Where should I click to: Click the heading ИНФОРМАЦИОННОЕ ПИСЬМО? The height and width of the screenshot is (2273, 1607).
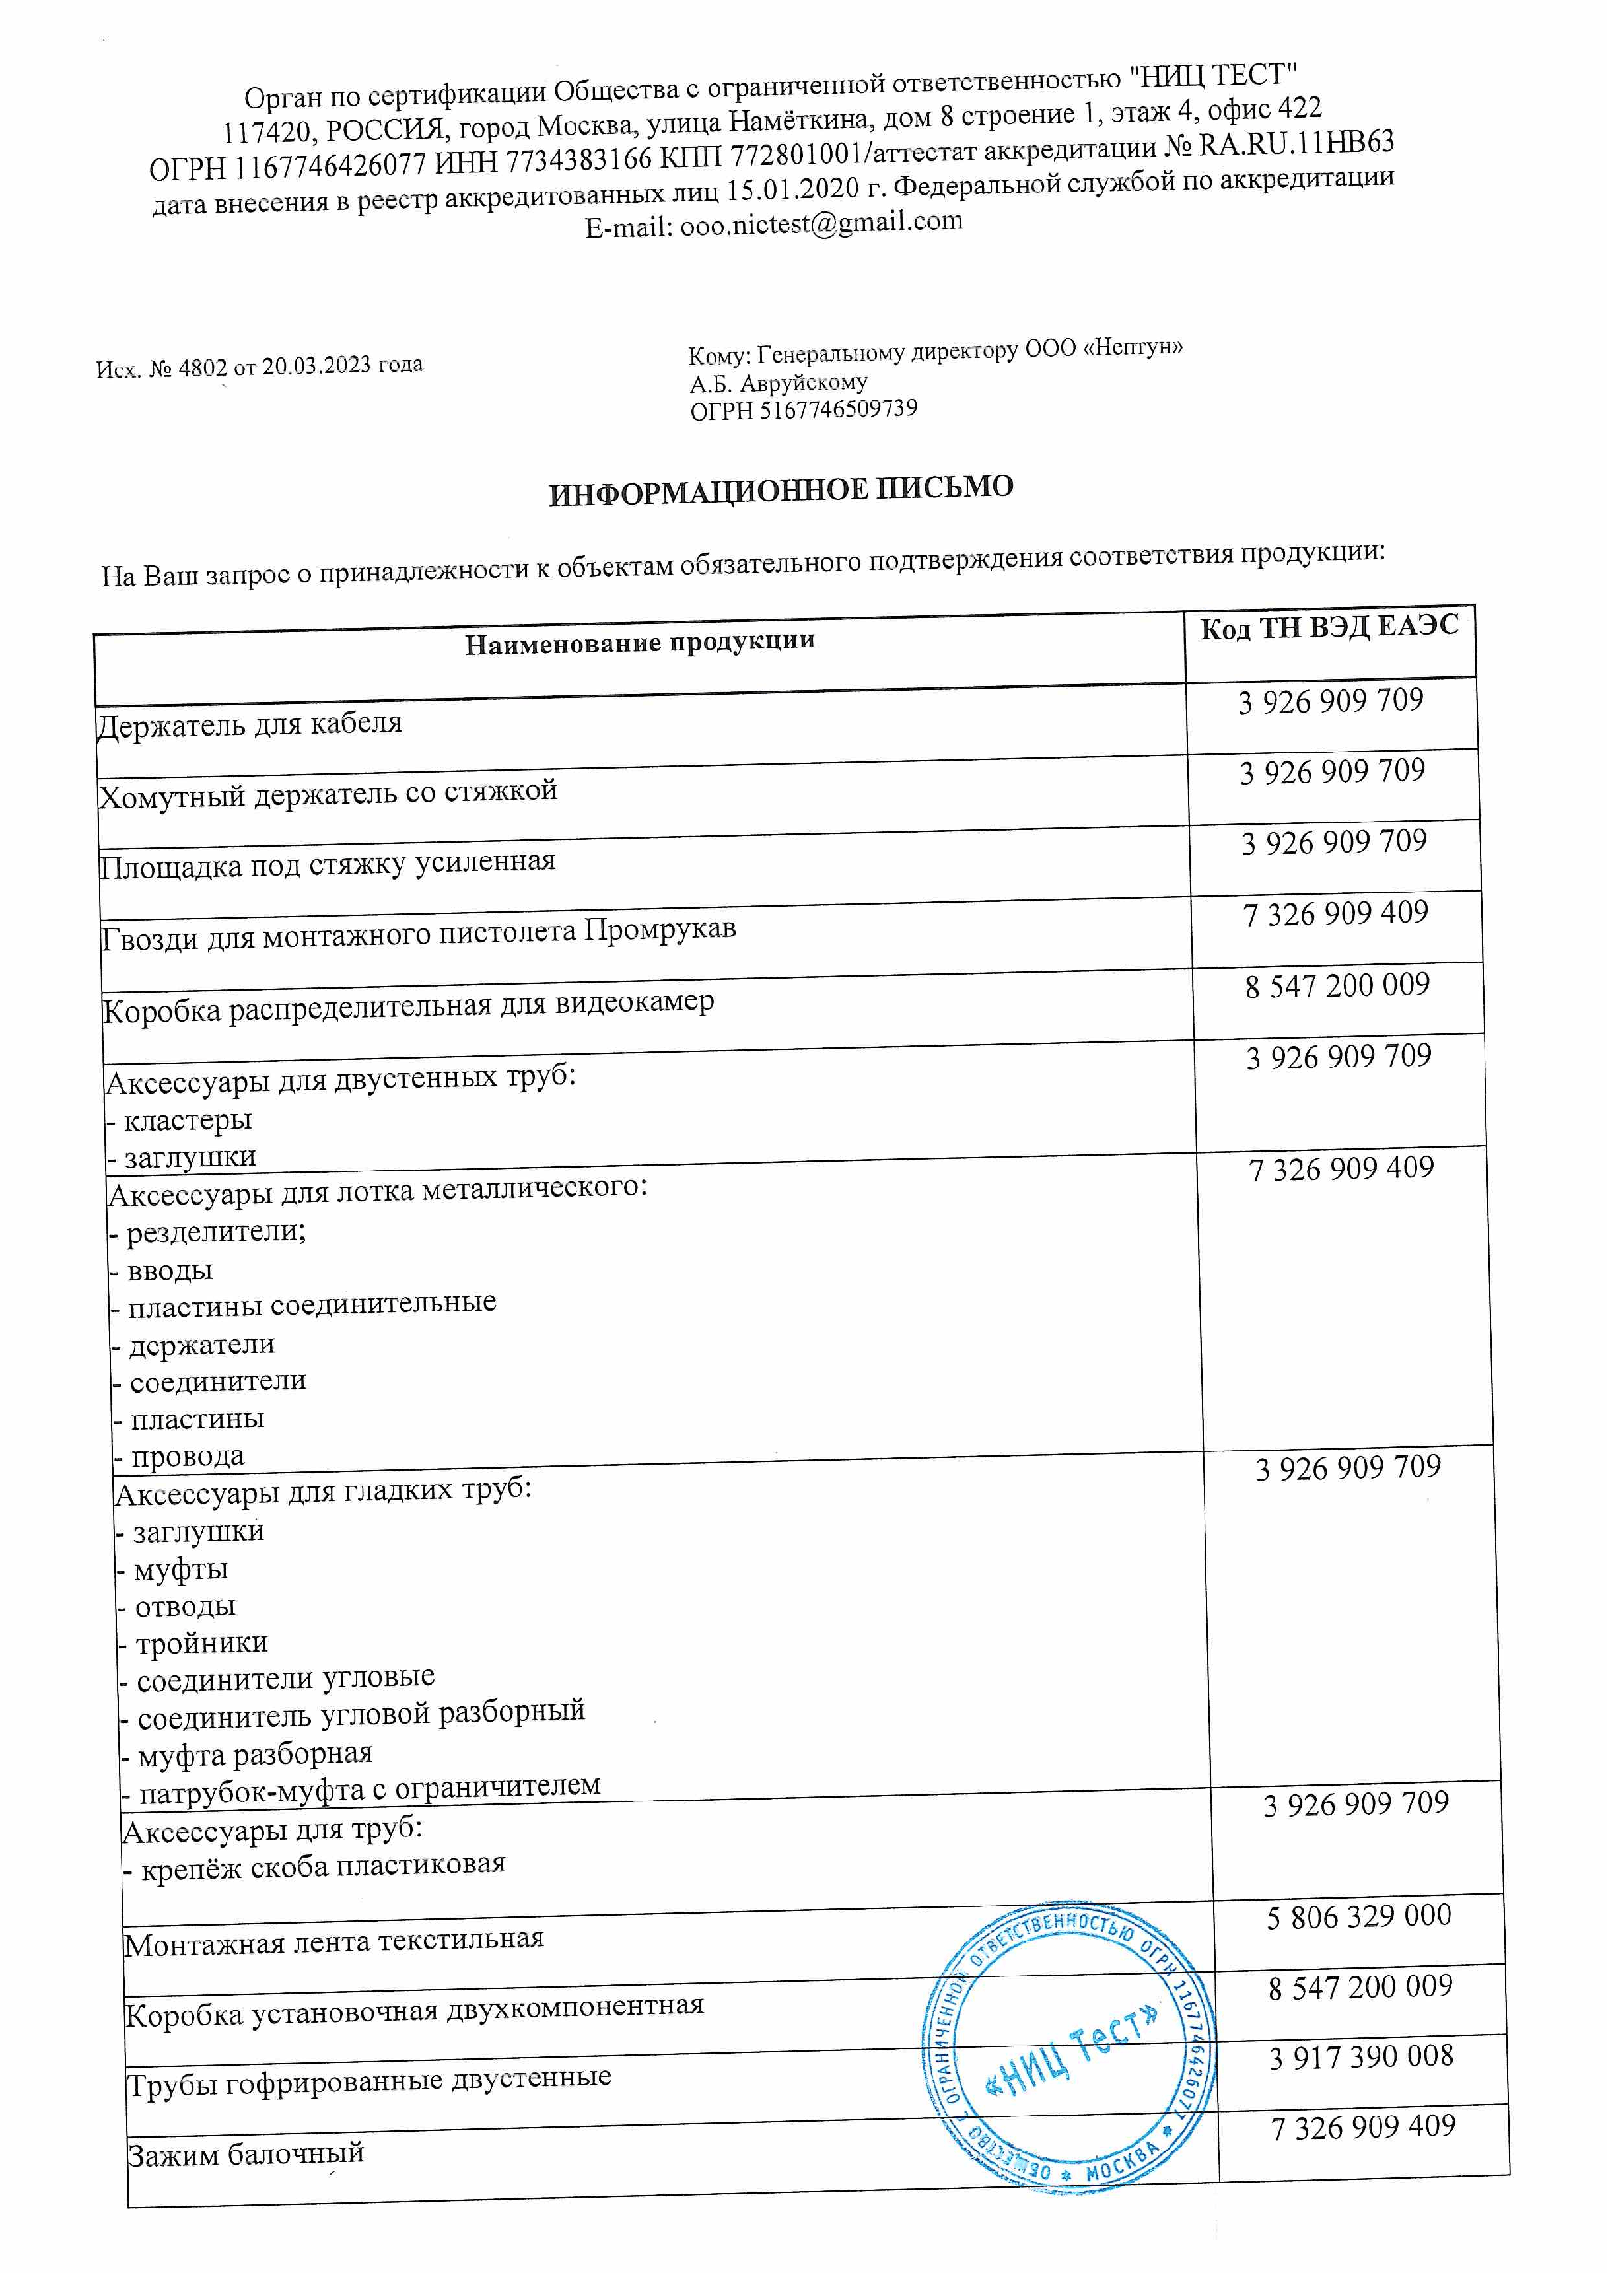782,490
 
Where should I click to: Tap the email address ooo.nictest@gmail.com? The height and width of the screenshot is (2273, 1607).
821,224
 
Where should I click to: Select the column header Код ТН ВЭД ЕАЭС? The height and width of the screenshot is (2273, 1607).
1330,628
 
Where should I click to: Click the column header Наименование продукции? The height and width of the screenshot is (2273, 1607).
640,643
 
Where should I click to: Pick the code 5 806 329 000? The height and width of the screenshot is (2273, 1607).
1358,1915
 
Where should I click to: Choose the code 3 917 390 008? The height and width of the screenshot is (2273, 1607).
1361,2057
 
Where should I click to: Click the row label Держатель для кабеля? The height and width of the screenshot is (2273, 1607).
250,724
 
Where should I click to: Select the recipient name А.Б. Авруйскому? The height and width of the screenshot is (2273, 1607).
779,382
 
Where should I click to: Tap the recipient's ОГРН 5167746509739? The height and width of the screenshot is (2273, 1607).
838,409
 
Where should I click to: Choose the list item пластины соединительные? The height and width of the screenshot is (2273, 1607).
312,1304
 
